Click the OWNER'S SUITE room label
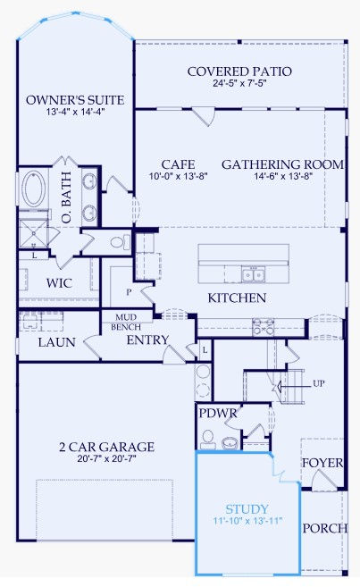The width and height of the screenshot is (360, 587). [x=75, y=100]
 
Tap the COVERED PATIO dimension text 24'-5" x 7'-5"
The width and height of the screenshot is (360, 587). [x=239, y=83]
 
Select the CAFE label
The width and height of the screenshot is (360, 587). [x=178, y=164]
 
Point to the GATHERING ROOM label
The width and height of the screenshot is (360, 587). [x=282, y=164]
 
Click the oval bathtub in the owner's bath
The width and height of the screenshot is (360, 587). [x=34, y=189]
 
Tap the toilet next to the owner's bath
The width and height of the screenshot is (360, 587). [x=121, y=242]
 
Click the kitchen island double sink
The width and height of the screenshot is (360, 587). [x=253, y=274]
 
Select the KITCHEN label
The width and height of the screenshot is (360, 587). [x=237, y=298]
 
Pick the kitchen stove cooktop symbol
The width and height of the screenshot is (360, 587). [x=263, y=327]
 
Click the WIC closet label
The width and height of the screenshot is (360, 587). [x=59, y=283]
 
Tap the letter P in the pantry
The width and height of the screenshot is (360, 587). [x=129, y=291]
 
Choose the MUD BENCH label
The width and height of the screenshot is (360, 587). [x=126, y=322]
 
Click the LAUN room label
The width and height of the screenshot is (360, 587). [x=57, y=342]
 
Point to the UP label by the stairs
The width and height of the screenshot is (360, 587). [x=318, y=383]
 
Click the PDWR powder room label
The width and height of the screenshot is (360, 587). [x=218, y=414]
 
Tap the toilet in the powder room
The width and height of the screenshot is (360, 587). [x=207, y=440]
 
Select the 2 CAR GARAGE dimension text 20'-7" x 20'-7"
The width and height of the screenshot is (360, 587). [x=106, y=458]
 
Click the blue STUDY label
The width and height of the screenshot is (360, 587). [x=247, y=508]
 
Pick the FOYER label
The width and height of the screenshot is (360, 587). [x=322, y=463]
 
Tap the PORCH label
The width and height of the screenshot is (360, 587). [x=325, y=528]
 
